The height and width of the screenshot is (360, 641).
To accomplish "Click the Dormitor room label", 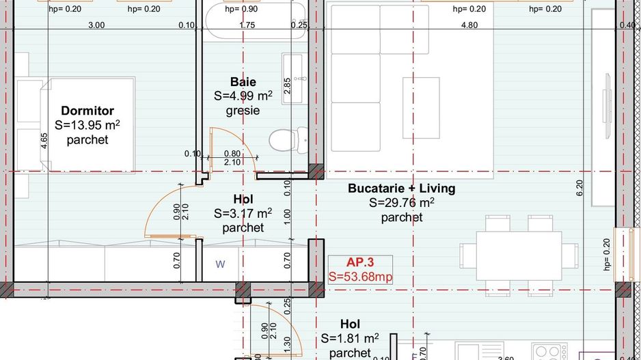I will point(87,111).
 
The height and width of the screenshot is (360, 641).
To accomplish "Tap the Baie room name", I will point(243,82).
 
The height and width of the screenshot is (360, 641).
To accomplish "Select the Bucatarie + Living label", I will point(401,188).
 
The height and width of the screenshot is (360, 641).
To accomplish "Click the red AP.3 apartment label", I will point(360,262).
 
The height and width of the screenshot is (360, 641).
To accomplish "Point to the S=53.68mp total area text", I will point(360,277).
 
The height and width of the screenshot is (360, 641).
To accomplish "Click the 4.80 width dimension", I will point(469,25).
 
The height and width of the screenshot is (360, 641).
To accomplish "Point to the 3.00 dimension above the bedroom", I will point(96,25).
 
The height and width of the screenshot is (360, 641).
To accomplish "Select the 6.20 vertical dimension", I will point(580,189).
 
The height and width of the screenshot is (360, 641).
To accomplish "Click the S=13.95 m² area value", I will point(87,126).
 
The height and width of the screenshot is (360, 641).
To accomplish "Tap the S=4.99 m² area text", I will point(243,96).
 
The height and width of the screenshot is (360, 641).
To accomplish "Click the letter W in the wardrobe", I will point(220,264).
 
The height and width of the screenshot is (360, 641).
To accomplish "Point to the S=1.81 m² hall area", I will point(350,339).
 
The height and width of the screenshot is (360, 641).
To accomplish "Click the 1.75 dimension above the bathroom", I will point(247,25).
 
